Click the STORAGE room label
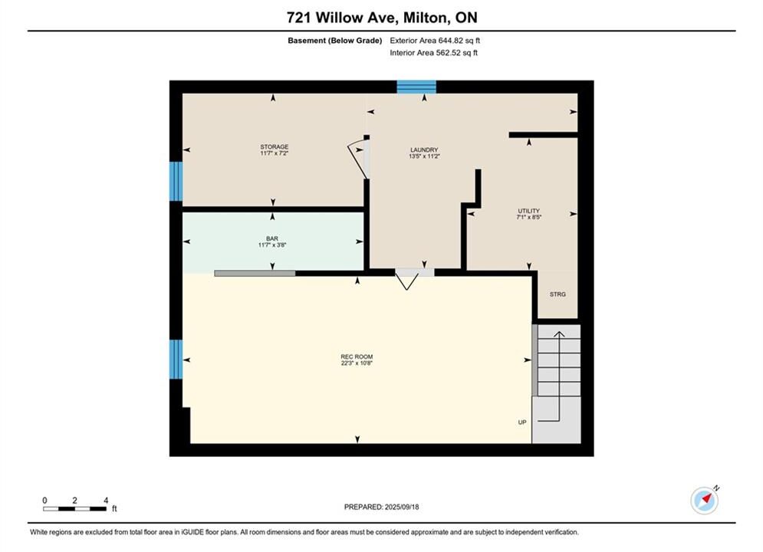(274, 147)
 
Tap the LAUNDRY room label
(424, 150)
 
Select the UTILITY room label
(529, 211)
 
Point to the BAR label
(272, 238)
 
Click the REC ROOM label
(357, 357)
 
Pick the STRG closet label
(557, 294)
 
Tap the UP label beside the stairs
(522, 422)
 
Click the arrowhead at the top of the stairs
(559, 333)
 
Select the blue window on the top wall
(416, 87)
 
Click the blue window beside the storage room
(176, 182)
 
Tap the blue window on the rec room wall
(176, 360)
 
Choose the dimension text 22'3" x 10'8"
(357, 363)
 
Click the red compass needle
(707, 498)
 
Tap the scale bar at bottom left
(74, 509)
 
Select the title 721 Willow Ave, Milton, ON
(382, 18)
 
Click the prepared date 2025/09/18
(402, 507)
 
